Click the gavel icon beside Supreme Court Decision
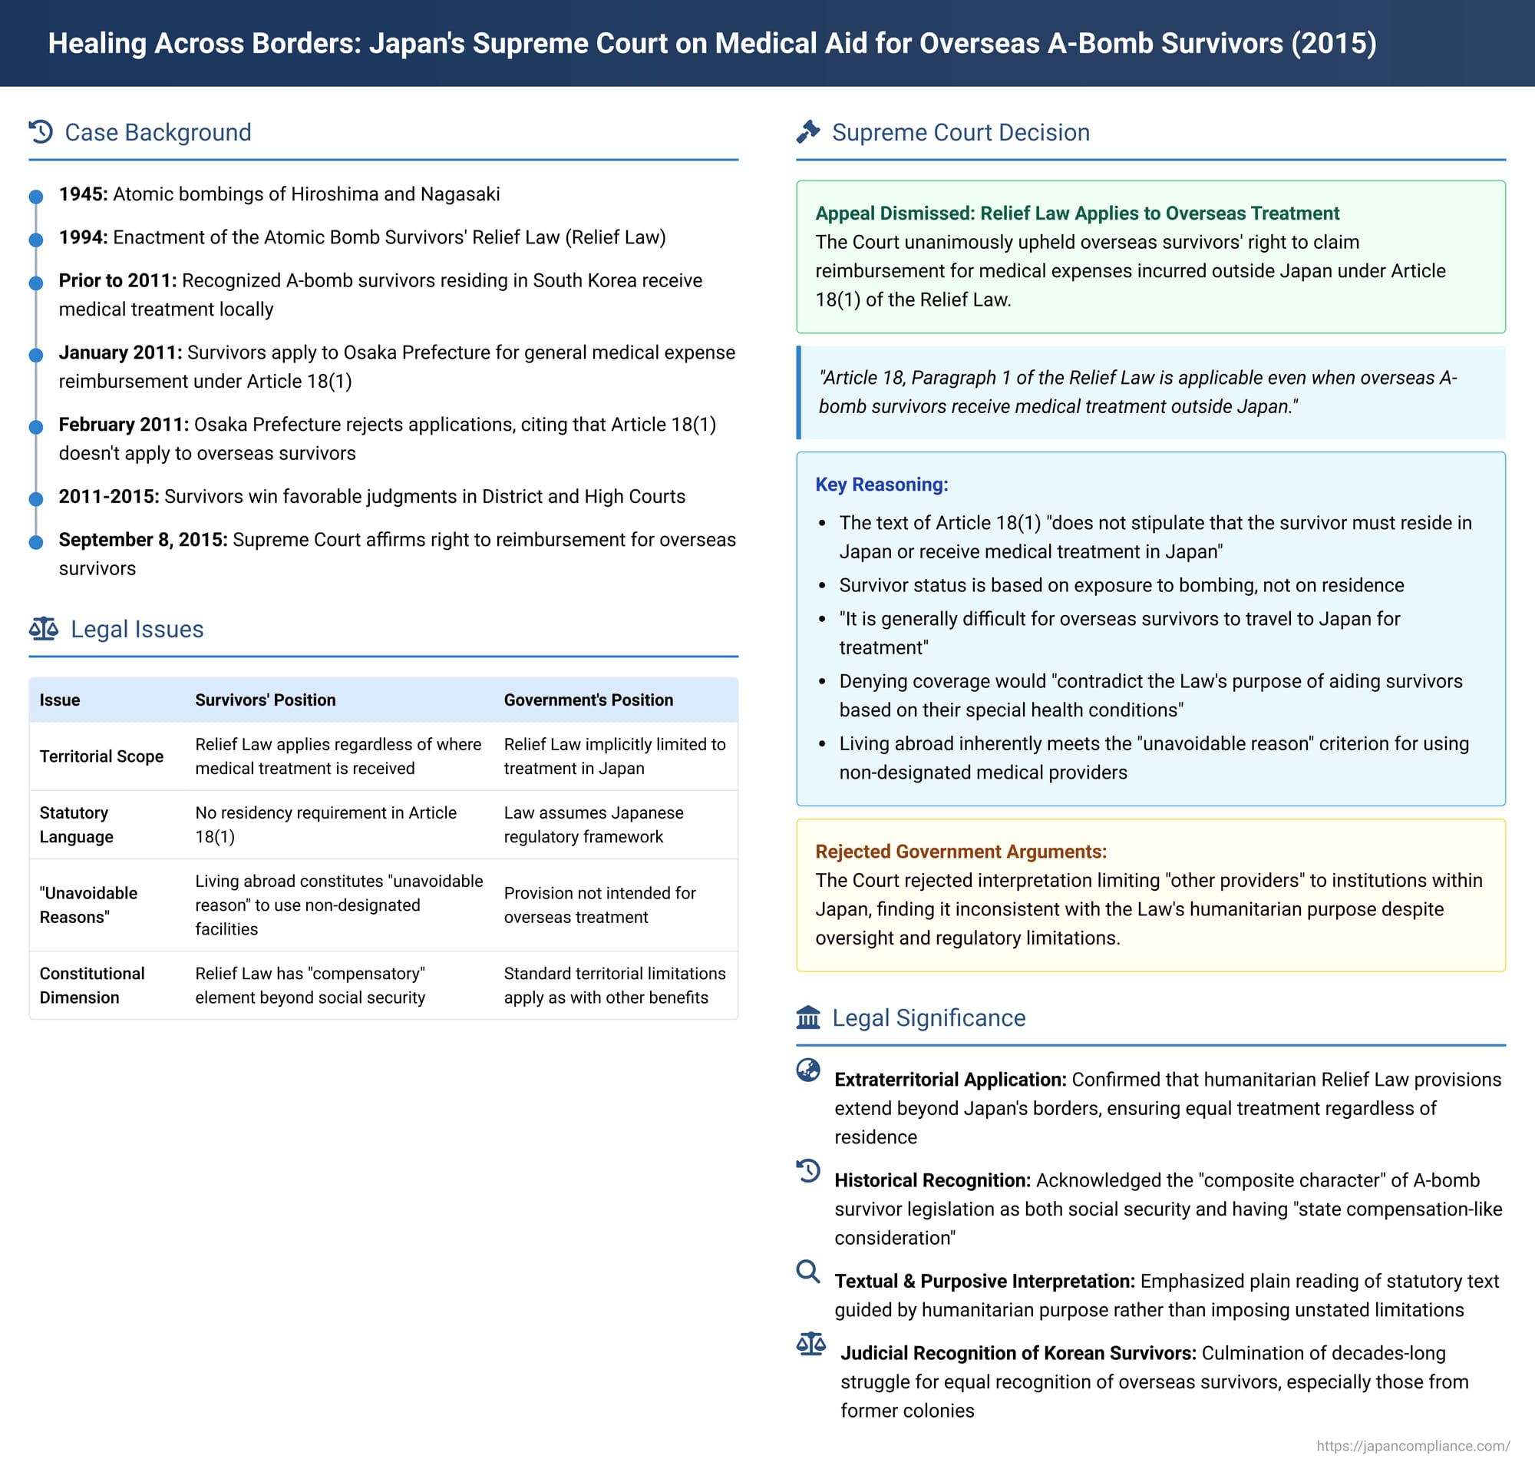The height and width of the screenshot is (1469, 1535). [x=808, y=131]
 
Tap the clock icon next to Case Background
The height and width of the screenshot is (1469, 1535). [x=41, y=131]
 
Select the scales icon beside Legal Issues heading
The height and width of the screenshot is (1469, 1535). [x=44, y=628]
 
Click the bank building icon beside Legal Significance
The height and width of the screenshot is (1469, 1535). [x=808, y=1017]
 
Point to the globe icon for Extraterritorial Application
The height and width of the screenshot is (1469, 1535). [x=808, y=1070]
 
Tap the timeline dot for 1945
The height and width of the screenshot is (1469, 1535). [x=36, y=197]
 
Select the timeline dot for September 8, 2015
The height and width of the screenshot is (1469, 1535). [x=36, y=543]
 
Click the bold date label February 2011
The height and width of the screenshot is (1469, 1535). [x=124, y=425]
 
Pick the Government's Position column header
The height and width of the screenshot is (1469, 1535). [x=588, y=700]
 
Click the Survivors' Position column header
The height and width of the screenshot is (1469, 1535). [x=266, y=700]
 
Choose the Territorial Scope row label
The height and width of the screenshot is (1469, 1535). [x=102, y=756]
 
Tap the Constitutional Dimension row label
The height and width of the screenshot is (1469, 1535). [x=92, y=985]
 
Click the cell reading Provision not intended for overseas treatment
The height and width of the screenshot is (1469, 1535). [x=599, y=905]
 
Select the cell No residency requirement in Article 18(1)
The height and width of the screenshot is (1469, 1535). [x=325, y=825]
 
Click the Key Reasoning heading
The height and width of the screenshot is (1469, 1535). [x=881, y=485]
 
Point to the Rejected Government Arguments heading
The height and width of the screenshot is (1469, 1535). [x=960, y=851]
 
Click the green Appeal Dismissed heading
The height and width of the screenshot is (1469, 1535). [x=1077, y=213]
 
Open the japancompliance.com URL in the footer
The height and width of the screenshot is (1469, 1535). [x=1412, y=1445]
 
